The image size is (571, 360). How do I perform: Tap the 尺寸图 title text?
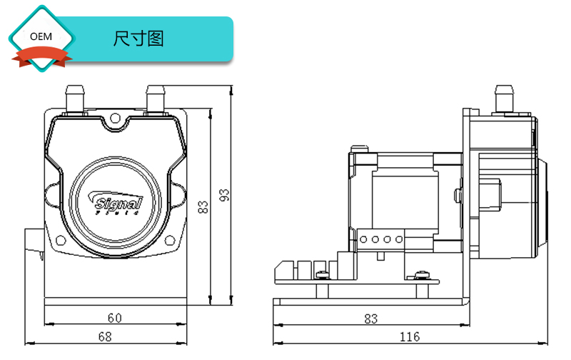coord(138,39)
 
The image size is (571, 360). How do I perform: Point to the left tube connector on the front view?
coord(75,99)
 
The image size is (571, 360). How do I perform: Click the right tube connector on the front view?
coord(156,99)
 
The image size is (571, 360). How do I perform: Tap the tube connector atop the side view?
coord(505,99)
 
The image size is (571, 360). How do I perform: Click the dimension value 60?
coord(114,317)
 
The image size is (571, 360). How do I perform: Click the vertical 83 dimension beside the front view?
coord(203,207)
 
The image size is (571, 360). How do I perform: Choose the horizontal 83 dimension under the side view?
coord(370,319)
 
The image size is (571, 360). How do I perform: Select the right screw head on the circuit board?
coord(420,274)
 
